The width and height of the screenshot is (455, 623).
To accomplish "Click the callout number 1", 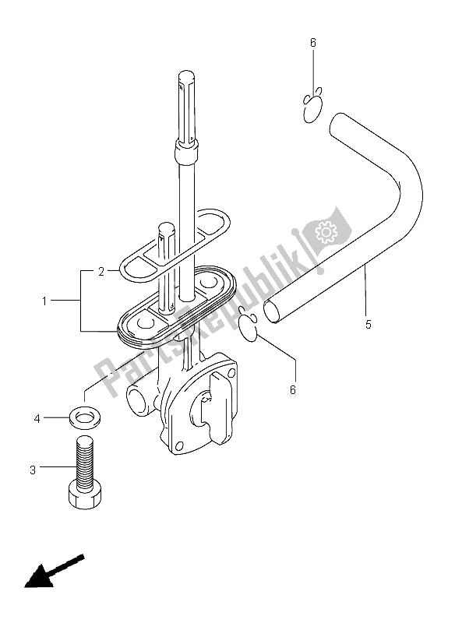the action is (x=44, y=301).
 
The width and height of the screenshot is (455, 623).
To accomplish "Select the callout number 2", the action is (x=101, y=272).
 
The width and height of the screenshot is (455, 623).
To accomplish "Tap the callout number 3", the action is (x=33, y=470).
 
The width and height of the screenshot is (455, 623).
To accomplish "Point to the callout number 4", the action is (x=37, y=418).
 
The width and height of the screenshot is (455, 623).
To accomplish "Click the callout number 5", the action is (x=369, y=325).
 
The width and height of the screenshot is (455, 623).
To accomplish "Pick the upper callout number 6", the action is (x=313, y=43).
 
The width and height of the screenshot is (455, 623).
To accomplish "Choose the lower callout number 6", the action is (x=293, y=390).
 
